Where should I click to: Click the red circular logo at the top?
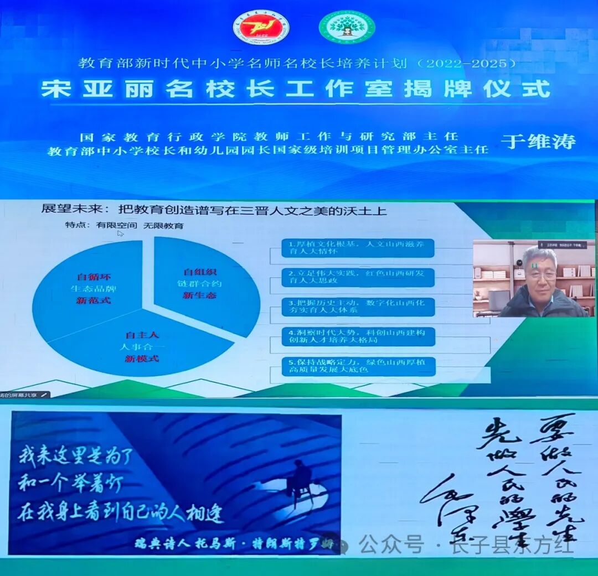(x=261, y=27)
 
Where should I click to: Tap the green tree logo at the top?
(x=347, y=27)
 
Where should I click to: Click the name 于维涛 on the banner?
(x=538, y=141)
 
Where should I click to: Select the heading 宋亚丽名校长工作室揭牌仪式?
(x=296, y=90)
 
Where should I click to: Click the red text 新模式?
(x=142, y=359)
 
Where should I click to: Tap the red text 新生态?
(x=200, y=295)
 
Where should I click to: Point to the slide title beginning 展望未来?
(x=214, y=210)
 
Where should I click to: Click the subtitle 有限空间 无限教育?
(x=125, y=225)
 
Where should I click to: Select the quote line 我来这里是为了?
(x=76, y=456)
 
